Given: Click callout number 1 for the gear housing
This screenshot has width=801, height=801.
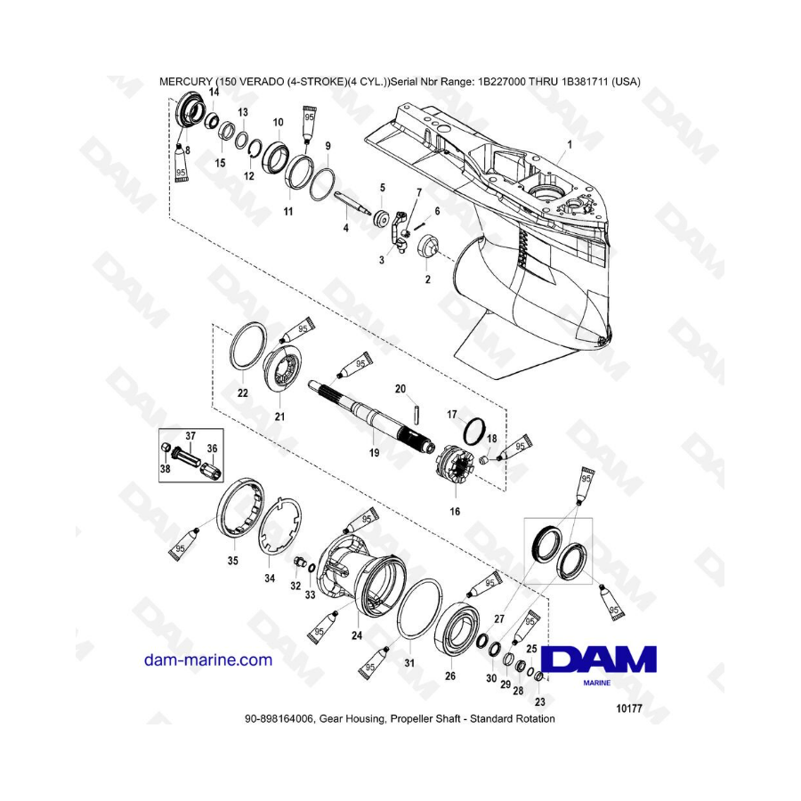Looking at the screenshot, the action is [x=570, y=144].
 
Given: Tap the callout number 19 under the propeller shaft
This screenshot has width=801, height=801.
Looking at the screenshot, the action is [x=374, y=453].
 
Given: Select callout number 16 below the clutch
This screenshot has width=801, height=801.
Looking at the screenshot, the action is [x=454, y=512].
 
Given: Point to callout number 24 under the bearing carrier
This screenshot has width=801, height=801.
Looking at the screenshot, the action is [x=357, y=635].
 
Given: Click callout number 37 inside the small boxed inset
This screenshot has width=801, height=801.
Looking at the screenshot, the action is [x=190, y=436].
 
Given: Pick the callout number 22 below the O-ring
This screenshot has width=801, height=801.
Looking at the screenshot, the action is [x=243, y=392].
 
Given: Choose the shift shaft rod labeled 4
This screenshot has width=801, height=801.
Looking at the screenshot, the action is [x=353, y=202].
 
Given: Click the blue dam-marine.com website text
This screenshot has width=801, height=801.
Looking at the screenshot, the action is [x=208, y=660].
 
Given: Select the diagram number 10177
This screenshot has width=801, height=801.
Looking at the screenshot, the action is [x=629, y=708].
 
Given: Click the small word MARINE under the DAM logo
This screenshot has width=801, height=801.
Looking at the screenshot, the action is [x=596, y=683].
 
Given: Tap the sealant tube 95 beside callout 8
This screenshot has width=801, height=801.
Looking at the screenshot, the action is [x=180, y=164].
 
